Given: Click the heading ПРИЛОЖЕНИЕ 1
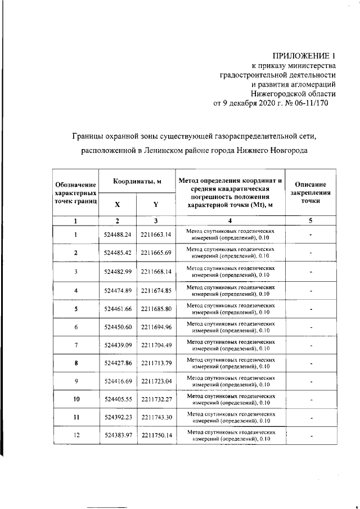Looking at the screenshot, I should [303, 56].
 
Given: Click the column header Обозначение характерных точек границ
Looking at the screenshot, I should [75, 192].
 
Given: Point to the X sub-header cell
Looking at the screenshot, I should [117, 204].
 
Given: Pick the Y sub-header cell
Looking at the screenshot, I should [155, 204].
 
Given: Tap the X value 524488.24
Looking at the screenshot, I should [117, 235].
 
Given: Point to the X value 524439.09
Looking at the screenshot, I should [117, 345].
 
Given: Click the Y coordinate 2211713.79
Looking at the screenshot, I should [156, 363].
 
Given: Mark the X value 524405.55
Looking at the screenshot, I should [117, 399].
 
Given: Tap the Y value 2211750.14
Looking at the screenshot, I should [156, 435].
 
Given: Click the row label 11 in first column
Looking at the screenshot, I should [75, 418].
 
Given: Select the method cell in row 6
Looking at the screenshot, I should [231, 327].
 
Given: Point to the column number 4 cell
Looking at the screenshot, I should [231, 221].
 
